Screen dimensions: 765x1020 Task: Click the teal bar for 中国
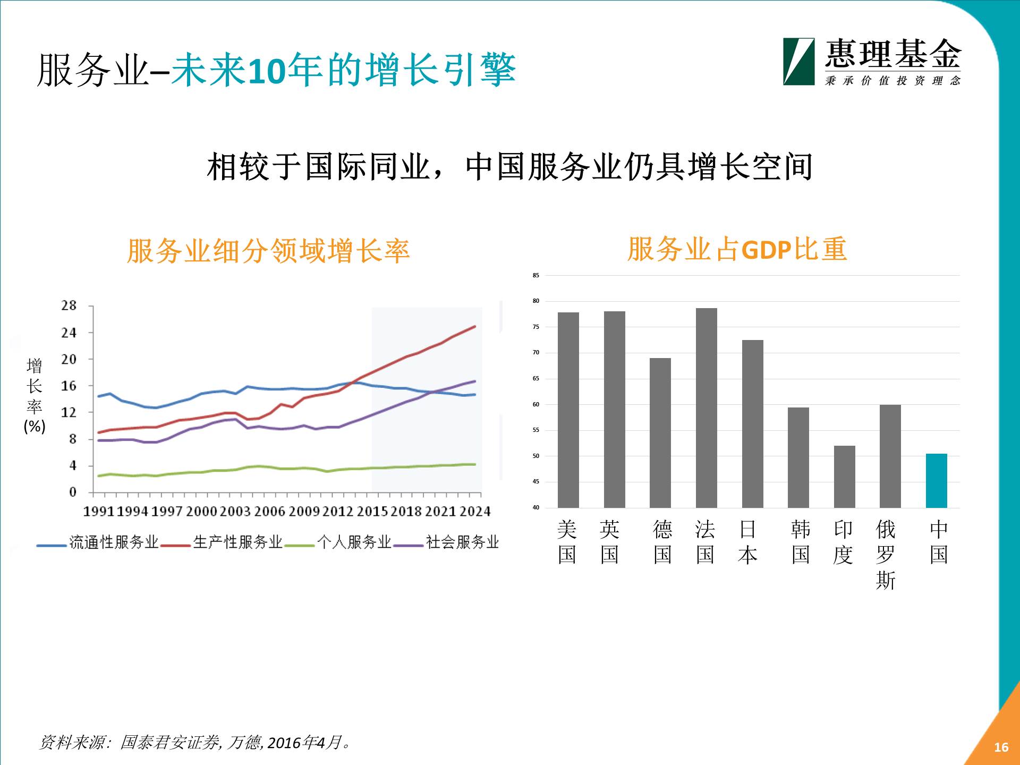[x=936, y=481]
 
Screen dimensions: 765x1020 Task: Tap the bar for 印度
[x=844, y=477]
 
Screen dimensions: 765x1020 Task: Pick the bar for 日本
[x=752, y=424]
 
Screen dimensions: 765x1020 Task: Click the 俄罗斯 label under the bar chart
[x=886, y=555]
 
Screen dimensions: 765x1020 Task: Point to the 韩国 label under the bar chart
[x=801, y=542]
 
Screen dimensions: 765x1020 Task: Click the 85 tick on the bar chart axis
[x=535, y=275]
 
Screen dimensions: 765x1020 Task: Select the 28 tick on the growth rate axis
[x=69, y=305]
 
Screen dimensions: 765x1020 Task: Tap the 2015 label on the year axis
[x=372, y=511]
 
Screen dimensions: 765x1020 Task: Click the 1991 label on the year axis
[x=99, y=511]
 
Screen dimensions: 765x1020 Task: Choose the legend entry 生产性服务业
[x=237, y=542]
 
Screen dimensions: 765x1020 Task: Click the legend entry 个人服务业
[x=354, y=542]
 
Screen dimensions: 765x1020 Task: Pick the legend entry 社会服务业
[x=462, y=542]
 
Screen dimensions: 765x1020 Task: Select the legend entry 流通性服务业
[x=114, y=542]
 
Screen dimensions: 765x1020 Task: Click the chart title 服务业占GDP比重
[x=737, y=249]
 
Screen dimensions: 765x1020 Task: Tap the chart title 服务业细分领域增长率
[x=268, y=251]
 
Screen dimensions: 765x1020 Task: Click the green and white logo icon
[x=798, y=62]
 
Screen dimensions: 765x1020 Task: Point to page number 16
[x=1001, y=747]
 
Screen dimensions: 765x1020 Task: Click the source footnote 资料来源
[x=195, y=742]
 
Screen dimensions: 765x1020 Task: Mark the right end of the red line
[x=474, y=327]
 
